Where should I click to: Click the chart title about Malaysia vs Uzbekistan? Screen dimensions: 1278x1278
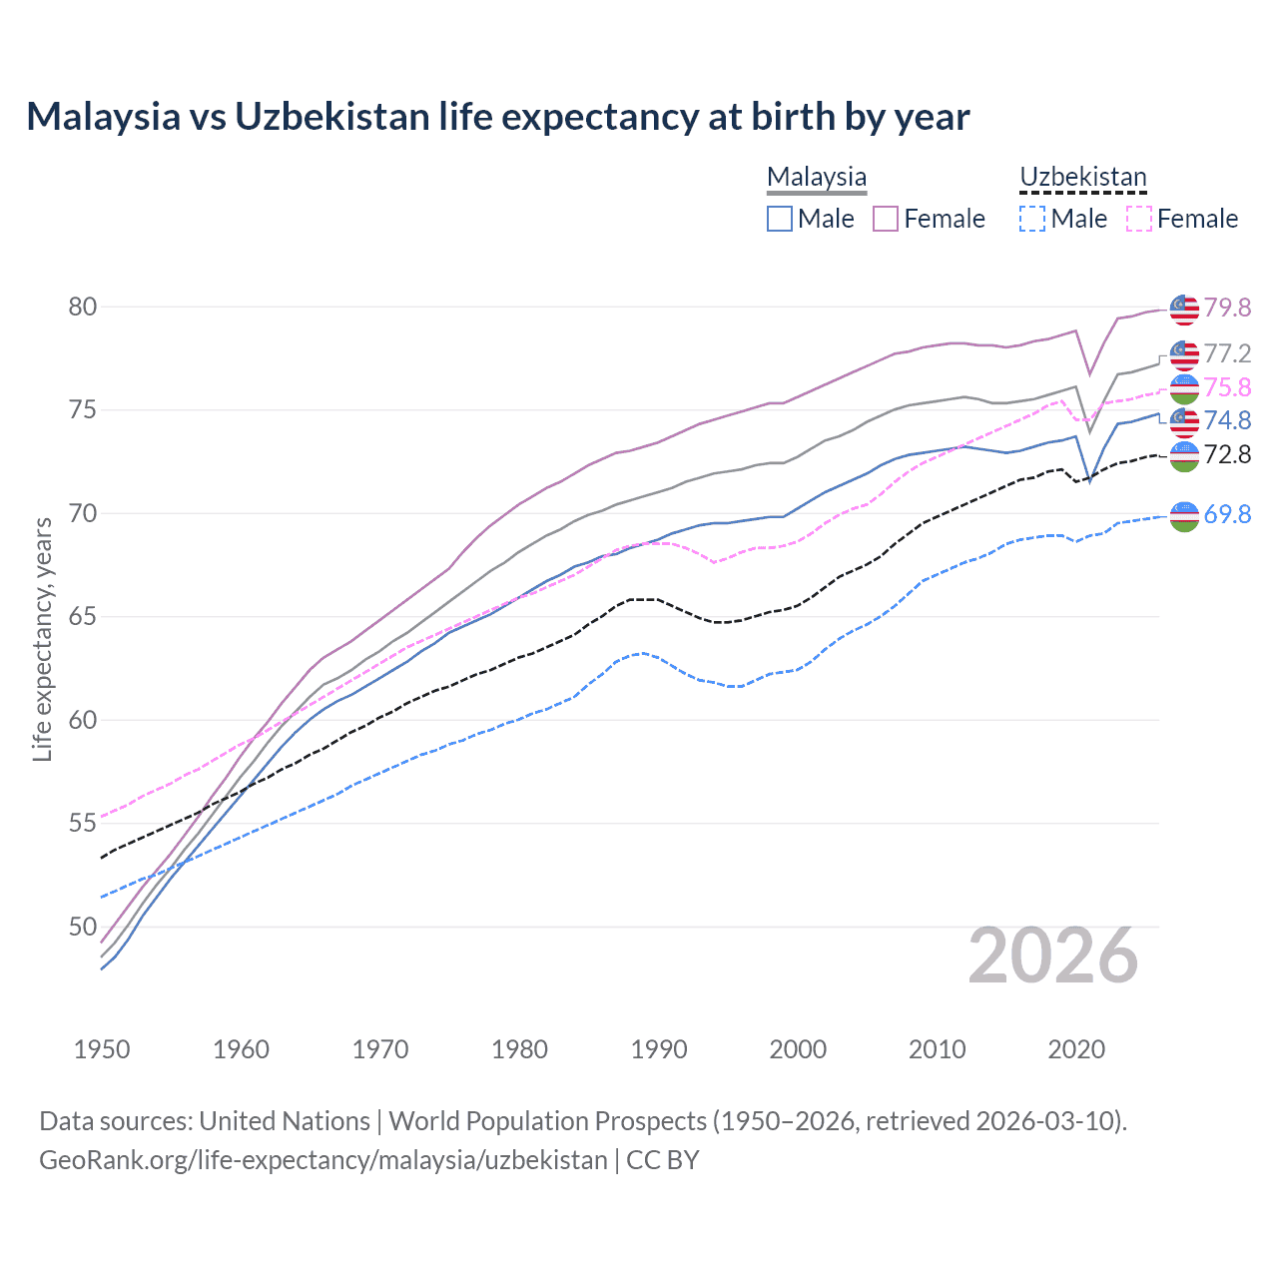pos(497,117)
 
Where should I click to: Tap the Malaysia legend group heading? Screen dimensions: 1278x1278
pos(816,177)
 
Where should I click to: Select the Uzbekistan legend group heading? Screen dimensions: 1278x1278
pos(1082,177)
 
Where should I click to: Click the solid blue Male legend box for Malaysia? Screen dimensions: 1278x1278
pos(780,219)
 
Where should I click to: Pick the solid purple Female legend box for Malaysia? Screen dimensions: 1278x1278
pos(886,219)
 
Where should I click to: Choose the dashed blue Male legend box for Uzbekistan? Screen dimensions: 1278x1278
pos(1032,219)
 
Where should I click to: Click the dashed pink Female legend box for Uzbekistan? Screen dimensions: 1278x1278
pos(1138,219)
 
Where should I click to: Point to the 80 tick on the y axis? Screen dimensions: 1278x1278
pos(83,307)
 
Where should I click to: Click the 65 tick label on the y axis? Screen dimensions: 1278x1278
pos(83,617)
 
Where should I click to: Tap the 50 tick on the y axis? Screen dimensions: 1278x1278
pos(83,927)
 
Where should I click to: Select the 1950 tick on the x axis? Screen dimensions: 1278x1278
pos(102,1049)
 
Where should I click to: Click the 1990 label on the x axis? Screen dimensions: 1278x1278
pos(659,1049)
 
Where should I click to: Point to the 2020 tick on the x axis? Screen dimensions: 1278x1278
pos(1076,1049)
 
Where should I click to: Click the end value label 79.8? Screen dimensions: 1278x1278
pos(1227,308)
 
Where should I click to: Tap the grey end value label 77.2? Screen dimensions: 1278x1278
pos(1227,353)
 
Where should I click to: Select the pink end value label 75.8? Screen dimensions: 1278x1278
pos(1227,387)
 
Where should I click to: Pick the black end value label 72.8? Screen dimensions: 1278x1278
pos(1227,454)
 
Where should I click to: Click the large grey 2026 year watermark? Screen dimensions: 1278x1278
pos(1053,956)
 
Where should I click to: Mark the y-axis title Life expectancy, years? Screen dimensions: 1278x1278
pos(42,639)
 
